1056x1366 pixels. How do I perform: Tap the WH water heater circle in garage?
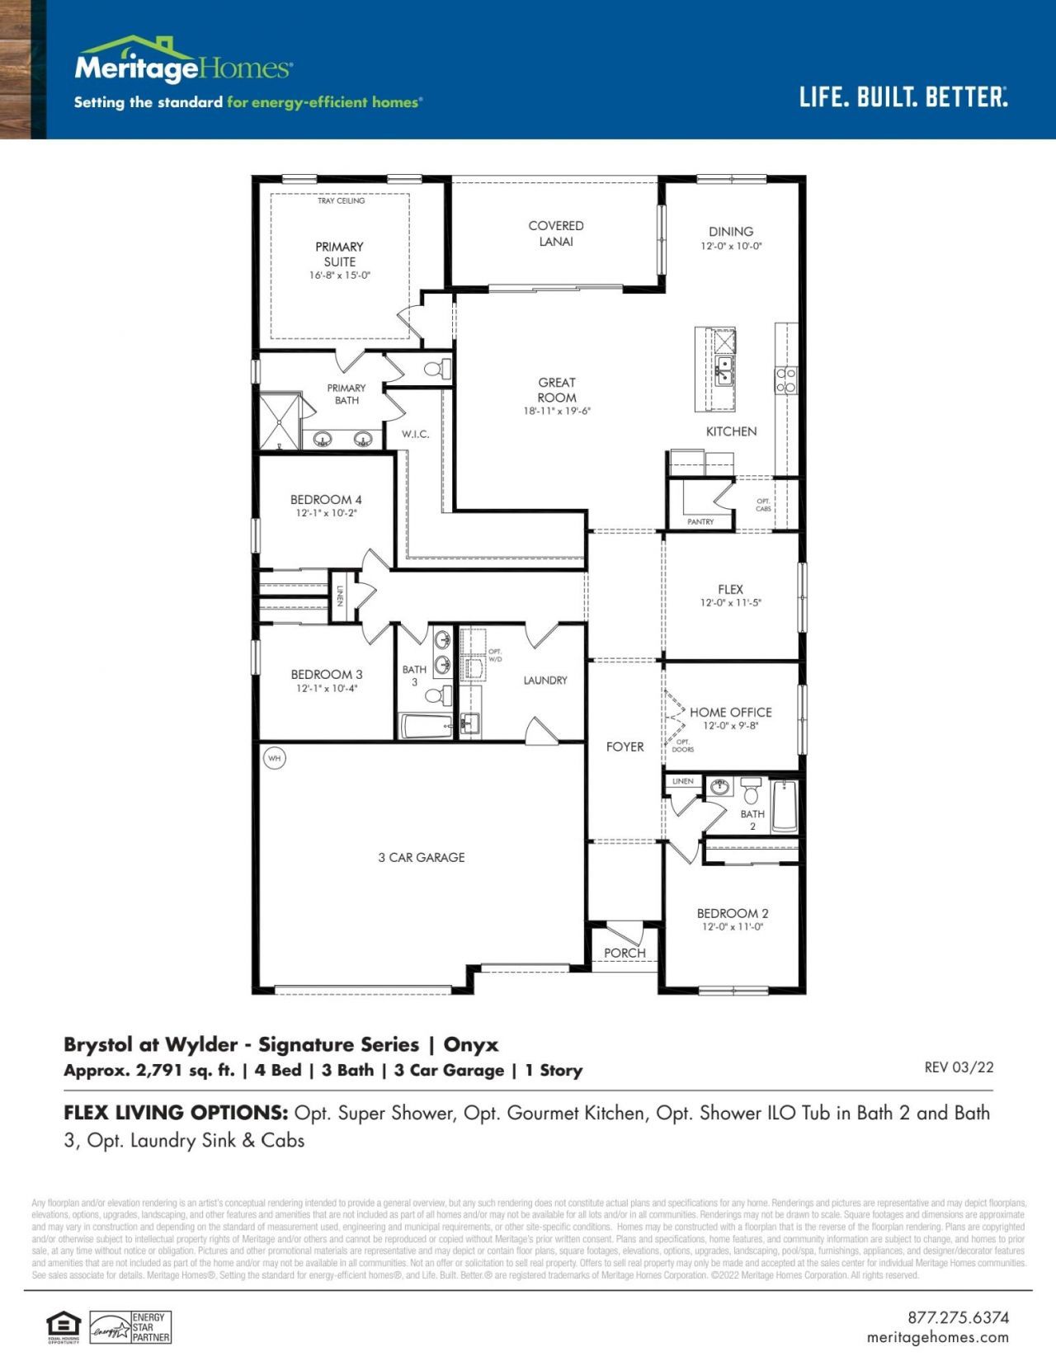click(x=274, y=757)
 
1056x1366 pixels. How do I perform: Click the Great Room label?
click(x=557, y=390)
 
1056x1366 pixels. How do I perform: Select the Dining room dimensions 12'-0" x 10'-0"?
click(x=731, y=246)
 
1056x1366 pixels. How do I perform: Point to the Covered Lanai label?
click(x=556, y=233)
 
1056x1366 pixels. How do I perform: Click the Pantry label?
click(x=700, y=521)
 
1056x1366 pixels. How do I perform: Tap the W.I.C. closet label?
click(x=415, y=434)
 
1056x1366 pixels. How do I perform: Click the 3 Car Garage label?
click(x=422, y=857)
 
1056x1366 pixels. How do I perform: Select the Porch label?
click(x=625, y=953)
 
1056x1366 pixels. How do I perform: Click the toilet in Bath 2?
click(x=751, y=793)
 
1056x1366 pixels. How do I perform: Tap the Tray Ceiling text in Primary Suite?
click(x=341, y=200)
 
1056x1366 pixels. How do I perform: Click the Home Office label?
click(x=730, y=712)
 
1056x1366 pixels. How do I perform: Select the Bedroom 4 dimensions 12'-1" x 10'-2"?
click(x=326, y=513)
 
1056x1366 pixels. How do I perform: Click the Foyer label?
click(x=625, y=747)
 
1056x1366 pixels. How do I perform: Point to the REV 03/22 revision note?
click(x=959, y=1067)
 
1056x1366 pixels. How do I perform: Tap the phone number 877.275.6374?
click(x=958, y=1317)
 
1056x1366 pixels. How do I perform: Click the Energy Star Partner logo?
click(x=130, y=1327)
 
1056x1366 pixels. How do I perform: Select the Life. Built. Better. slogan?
click(x=903, y=97)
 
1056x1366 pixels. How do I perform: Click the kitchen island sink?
click(x=724, y=371)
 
